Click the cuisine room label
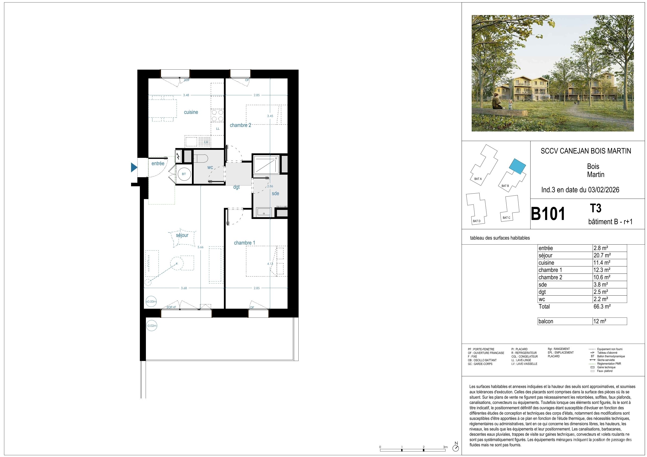tap(191, 112)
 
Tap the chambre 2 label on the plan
tap(240, 125)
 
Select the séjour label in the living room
tap(182, 235)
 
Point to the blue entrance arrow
tap(134, 167)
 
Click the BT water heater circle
tap(184, 174)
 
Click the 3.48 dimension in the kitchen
tap(186, 95)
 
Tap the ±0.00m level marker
tap(151, 302)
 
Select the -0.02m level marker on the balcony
tap(152, 326)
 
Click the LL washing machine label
tap(218, 129)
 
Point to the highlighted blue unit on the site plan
tap(517, 166)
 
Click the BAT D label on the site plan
tap(476, 221)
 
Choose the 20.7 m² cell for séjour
tap(602, 255)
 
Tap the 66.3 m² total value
tap(602, 306)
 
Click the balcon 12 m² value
tap(600, 321)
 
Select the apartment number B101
tap(548, 214)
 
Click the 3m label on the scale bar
tap(445, 447)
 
